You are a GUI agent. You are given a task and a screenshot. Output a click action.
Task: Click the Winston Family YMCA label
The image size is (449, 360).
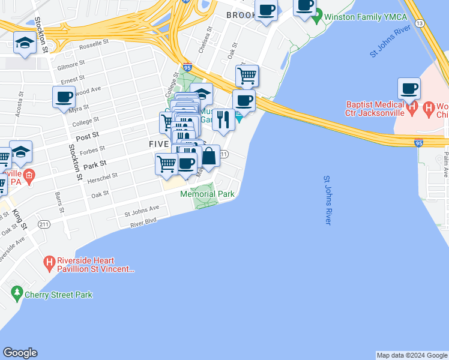366,16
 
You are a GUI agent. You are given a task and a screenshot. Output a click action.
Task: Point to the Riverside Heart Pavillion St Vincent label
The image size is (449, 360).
96,265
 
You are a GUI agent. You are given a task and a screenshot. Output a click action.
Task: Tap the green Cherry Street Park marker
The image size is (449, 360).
17,294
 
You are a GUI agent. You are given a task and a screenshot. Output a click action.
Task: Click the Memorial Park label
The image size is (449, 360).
207,194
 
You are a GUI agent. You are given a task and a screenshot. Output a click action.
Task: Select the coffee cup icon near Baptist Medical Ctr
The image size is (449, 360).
409,89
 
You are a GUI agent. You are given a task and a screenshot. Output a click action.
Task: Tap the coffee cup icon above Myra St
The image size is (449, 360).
64,97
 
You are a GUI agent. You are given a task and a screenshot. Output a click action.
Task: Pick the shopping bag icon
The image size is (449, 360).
209,157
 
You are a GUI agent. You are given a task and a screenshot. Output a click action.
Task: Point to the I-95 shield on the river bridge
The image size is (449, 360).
419,143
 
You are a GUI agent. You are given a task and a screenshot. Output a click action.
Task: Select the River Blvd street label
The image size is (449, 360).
143,223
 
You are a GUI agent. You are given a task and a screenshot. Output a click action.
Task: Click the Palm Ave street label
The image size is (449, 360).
446,160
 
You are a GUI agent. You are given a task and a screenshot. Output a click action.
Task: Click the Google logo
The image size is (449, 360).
20,353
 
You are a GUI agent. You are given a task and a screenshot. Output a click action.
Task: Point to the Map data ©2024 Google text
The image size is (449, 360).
412,355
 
